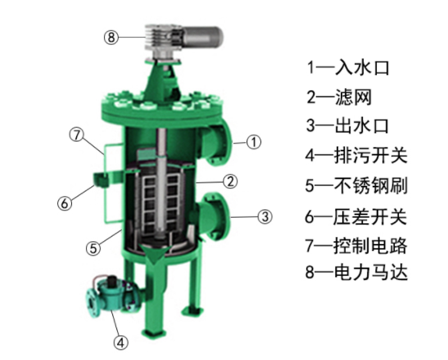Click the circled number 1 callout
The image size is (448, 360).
pyautogui.click(x=254, y=142)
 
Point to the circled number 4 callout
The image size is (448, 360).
pyautogui.click(x=120, y=341)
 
